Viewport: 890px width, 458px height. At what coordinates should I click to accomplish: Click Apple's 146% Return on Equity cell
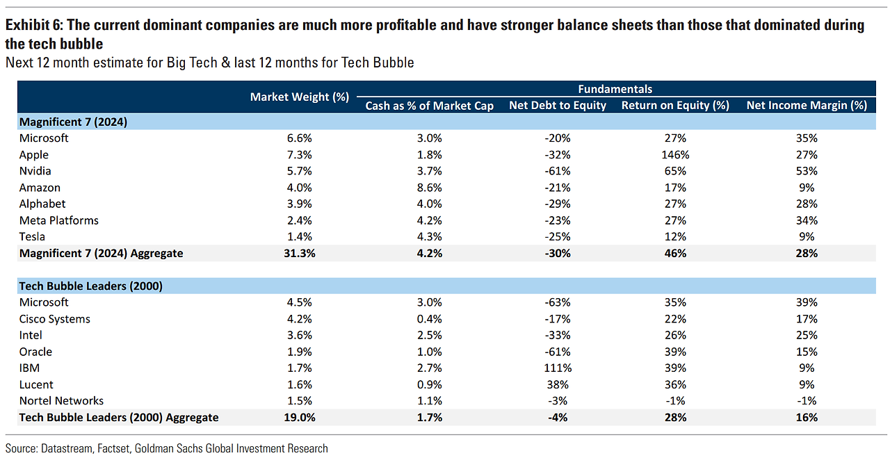pyautogui.click(x=674, y=155)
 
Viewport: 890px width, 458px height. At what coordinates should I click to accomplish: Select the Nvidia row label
pyautogui.click(x=35, y=171)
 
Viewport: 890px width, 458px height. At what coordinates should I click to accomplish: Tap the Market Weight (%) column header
pyautogui.click(x=299, y=97)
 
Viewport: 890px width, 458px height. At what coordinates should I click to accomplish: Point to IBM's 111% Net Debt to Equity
pyautogui.click(x=558, y=368)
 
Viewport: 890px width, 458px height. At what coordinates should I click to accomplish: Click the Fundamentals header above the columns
pyautogui.click(x=615, y=89)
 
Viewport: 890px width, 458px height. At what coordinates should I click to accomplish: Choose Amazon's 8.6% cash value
pyautogui.click(x=429, y=188)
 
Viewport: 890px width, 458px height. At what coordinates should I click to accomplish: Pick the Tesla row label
pyautogui.click(x=32, y=237)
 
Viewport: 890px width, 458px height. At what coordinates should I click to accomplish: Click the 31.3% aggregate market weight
pyautogui.click(x=300, y=254)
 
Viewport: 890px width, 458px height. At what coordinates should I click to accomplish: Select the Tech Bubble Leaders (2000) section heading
pyautogui.click(x=91, y=286)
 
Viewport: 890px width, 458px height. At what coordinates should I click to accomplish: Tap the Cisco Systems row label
pyautogui.click(x=55, y=319)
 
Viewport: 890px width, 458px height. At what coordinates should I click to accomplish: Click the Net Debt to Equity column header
pyautogui.click(x=558, y=106)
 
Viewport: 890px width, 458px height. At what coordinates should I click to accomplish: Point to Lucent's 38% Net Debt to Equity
pyautogui.click(x=558, y=384)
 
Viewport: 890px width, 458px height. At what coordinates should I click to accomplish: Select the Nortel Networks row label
pyautogui.click(x=61, y=401)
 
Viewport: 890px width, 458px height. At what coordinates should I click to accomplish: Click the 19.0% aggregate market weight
pyautogui.click(x=300, y=418)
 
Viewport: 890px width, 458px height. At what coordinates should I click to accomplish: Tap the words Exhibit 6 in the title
pyautogui.click(x=33, y=26)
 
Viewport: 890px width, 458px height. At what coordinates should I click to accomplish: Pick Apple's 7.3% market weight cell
pyautogui.click(x=300, y=155)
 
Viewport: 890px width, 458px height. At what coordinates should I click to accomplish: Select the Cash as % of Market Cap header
pyautogui.click(x=429, y=106)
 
